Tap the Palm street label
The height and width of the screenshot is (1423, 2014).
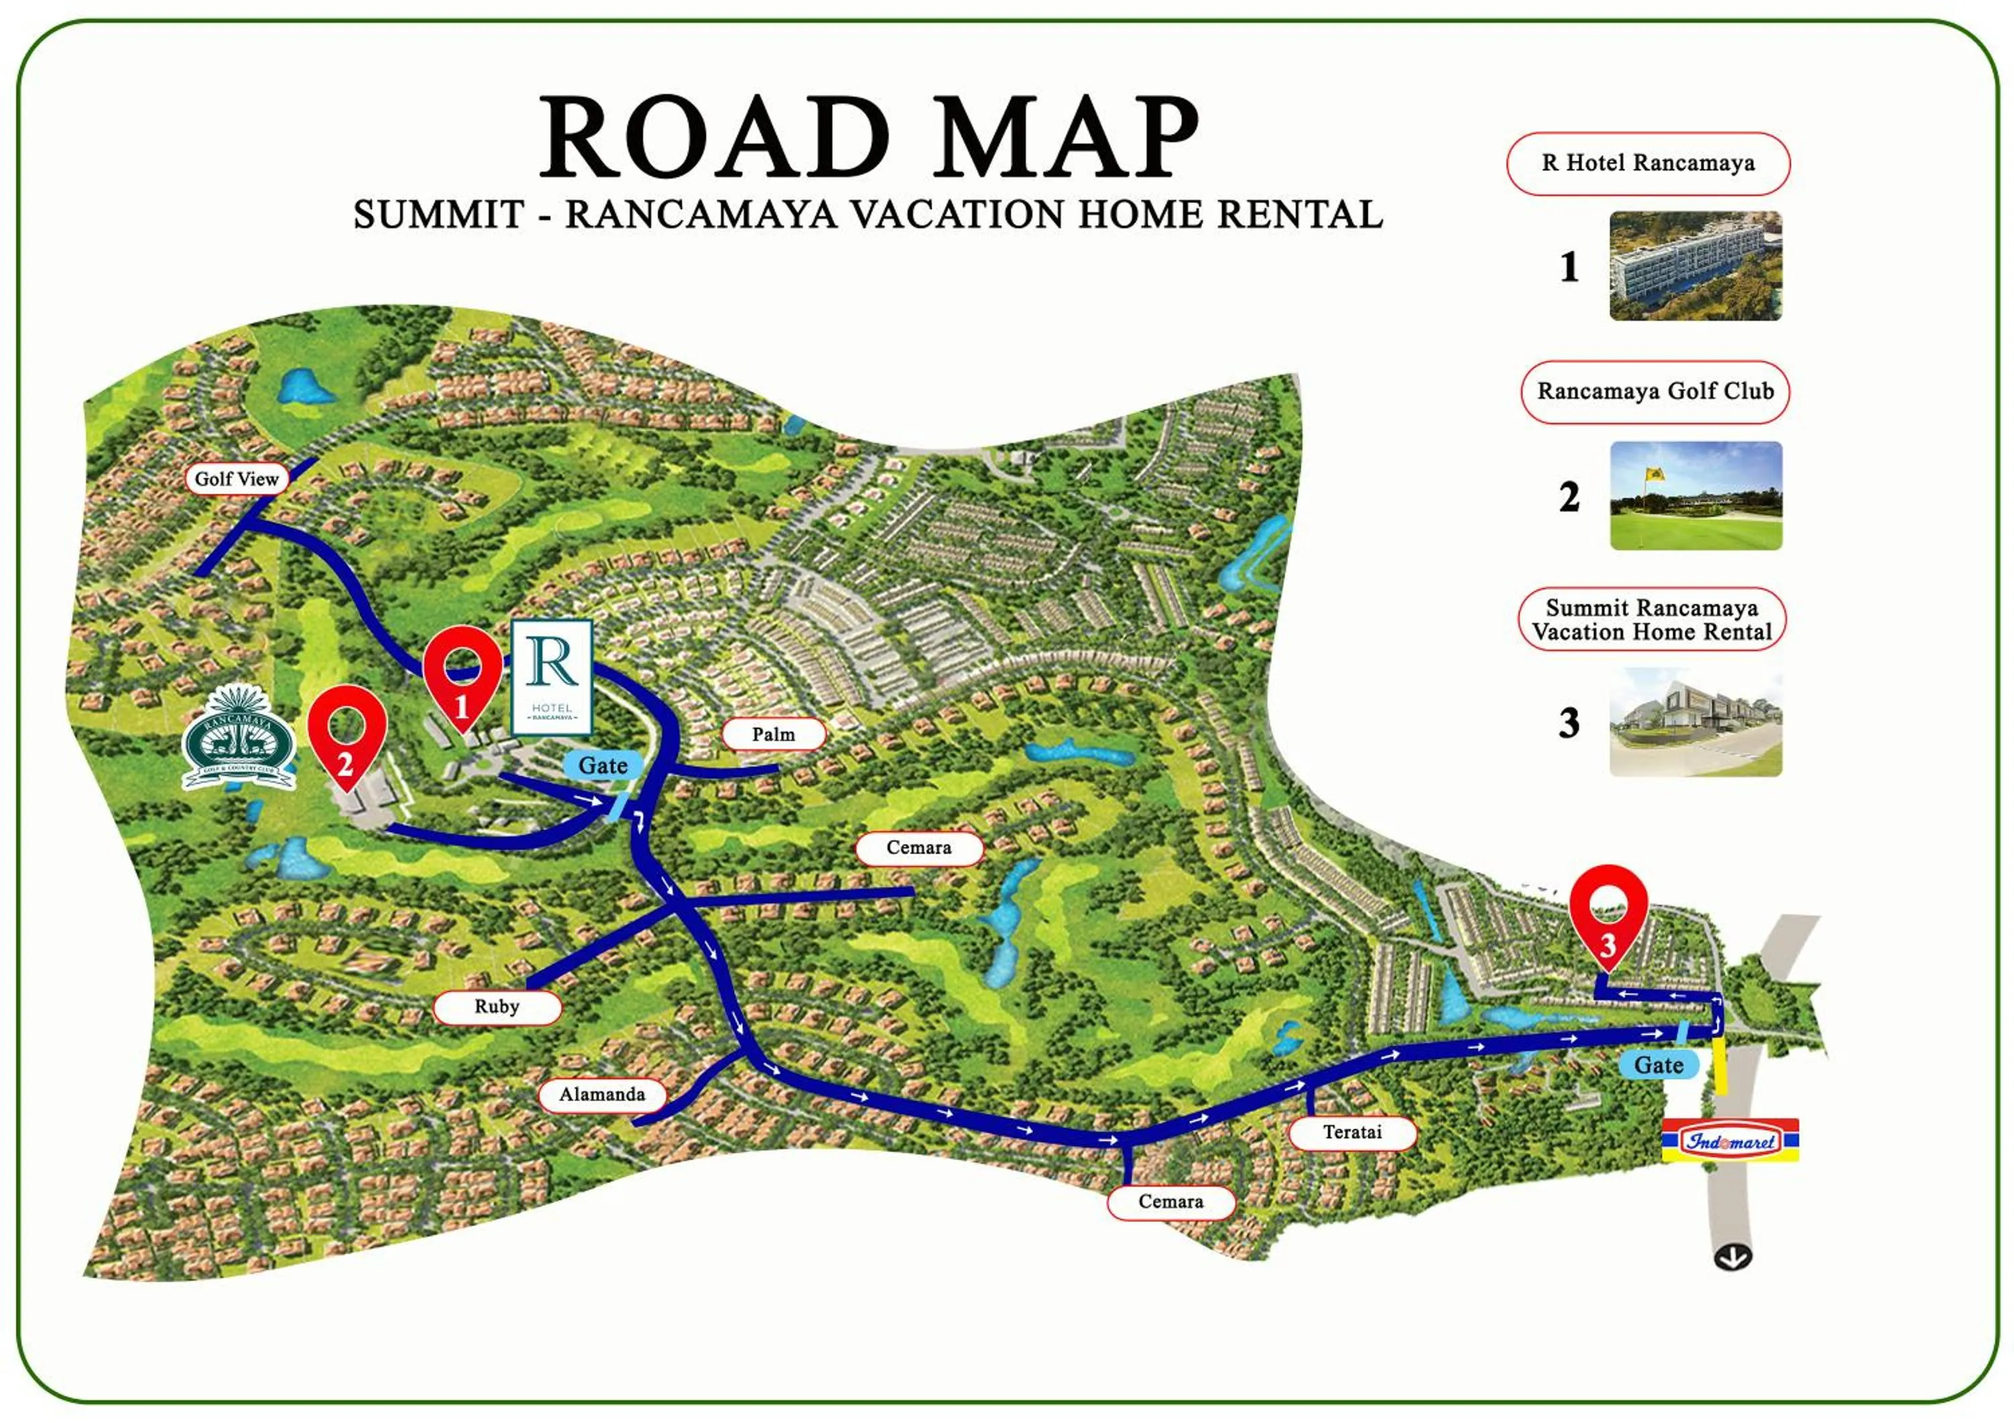(x=773, y=734)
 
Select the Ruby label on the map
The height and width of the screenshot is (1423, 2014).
(x=497, y=1007)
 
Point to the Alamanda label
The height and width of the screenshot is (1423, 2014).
(x=602, y=1094)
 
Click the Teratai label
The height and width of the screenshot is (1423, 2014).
(x=1352, y=1132)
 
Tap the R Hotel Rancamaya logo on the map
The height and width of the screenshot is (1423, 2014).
(x=552, y=676)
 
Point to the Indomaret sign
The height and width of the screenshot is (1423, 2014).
(x=1730, y=1140)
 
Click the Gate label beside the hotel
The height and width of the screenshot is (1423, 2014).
(x=603, y=765)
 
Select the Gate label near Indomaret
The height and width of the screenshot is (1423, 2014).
(x=1658, y=1065)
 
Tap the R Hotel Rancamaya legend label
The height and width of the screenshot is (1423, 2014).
(x=1647, y=163)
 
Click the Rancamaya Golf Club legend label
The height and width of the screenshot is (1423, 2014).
(x=1654, y=391)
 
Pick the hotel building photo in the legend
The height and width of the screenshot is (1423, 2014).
(x=1694, y=266)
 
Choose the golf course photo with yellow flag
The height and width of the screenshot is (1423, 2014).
(x=1694, y=495)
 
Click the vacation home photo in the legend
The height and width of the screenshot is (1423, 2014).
(x=1694, y=722)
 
